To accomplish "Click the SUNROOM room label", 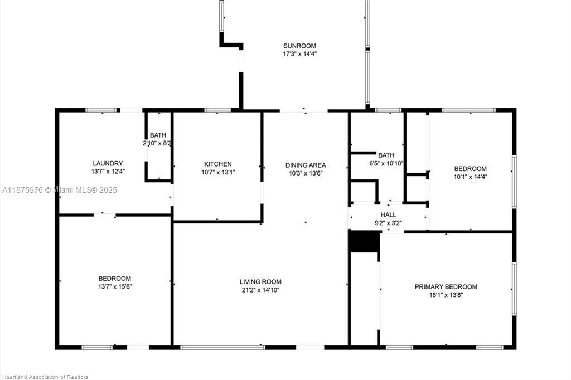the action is click(x=299, y=46).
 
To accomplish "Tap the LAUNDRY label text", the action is click(x=108, y=163).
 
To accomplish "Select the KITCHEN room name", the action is click(x=218, y=164).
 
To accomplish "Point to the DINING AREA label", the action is click(x=306, y=165).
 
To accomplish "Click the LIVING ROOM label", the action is click(x=260, y=282).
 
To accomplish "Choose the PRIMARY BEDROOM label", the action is click(x=446, y=287).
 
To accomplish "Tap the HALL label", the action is click(x=388, y=215).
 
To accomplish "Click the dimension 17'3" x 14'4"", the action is click(x=299, y=54).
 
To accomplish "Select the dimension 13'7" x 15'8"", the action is click(x=115, y=286).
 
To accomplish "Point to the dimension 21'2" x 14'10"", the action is click(x=260, y=290).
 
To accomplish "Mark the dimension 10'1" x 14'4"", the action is click(x=471, y=177).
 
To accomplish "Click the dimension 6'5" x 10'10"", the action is click(x=386, y=164).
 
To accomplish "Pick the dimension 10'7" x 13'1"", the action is click(x=218, y=173).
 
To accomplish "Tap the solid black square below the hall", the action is click(x=364, y=241).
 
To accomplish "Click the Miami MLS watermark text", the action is click(x=60, y=190).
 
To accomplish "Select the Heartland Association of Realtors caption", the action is click(x=45, y=377).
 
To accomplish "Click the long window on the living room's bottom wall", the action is click(x=223, y=348).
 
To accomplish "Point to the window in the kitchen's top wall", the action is click(x=217, y=110).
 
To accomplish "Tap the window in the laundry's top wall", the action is click(x=101, y=110).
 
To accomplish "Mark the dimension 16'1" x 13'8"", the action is click(x=446, y=295).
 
